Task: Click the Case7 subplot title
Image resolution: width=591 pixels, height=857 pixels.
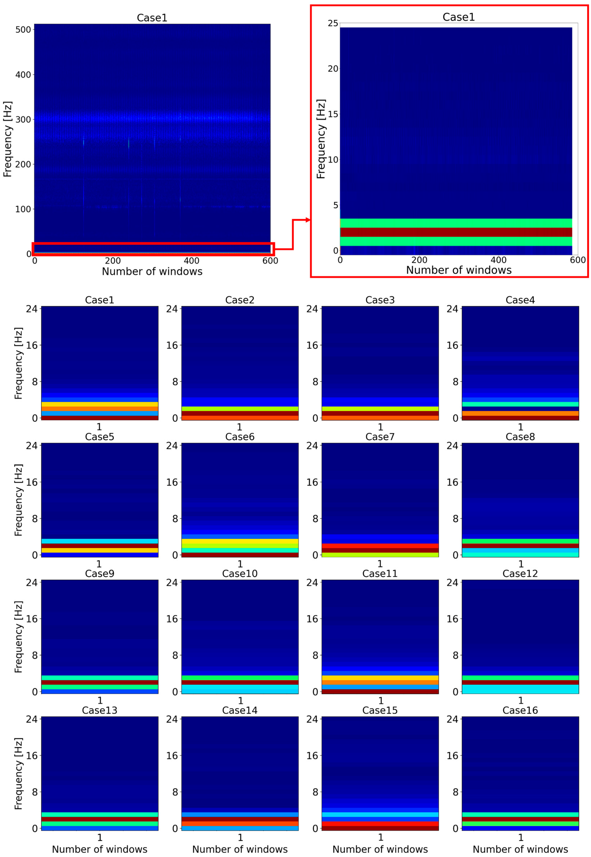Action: coord(380,437)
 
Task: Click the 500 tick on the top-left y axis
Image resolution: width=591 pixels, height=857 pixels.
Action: coord(23,30)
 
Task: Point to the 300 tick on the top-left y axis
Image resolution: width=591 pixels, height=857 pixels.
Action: coord(23,119)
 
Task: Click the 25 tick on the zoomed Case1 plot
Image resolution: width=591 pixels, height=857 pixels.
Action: coord(333,23)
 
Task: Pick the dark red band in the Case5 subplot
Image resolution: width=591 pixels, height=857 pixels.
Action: coord(100,546)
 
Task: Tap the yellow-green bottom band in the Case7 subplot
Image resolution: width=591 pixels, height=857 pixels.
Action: coord(380,555)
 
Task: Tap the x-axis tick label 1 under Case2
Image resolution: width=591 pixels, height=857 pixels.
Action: coord(240,427)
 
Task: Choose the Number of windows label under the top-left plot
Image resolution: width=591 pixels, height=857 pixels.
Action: coord(152,272)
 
